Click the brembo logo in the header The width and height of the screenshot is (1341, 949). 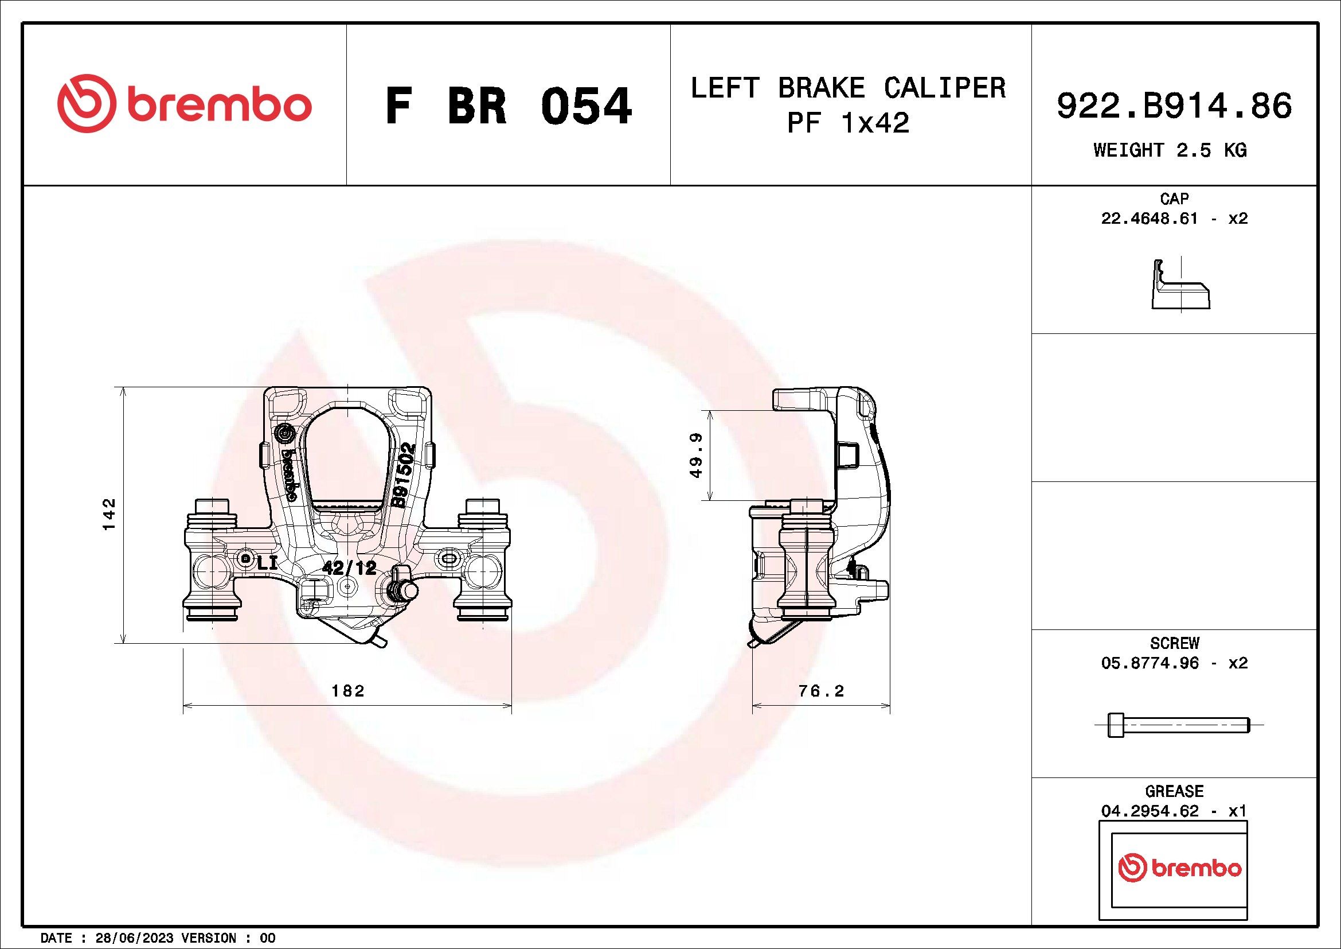click(184, 103)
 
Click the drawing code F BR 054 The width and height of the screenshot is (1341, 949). click(508, 106)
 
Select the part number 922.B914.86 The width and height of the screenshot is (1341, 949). click(1174, 107)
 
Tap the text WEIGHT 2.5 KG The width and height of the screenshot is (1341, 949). click(1170, 150)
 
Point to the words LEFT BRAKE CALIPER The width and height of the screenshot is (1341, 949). click(849, 88)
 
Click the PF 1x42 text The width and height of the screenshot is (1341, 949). click(849, 123)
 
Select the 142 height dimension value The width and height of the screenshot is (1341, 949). click(110, 514)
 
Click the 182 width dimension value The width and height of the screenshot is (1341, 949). click(347, 691)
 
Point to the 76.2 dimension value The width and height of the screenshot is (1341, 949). click(821, 691)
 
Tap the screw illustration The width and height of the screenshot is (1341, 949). click(1179, 725)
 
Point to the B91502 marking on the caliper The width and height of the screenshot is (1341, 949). click(403, 475)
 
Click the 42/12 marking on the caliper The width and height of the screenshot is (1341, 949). click(350, 567)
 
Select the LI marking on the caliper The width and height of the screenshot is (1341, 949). click(267, 562)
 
